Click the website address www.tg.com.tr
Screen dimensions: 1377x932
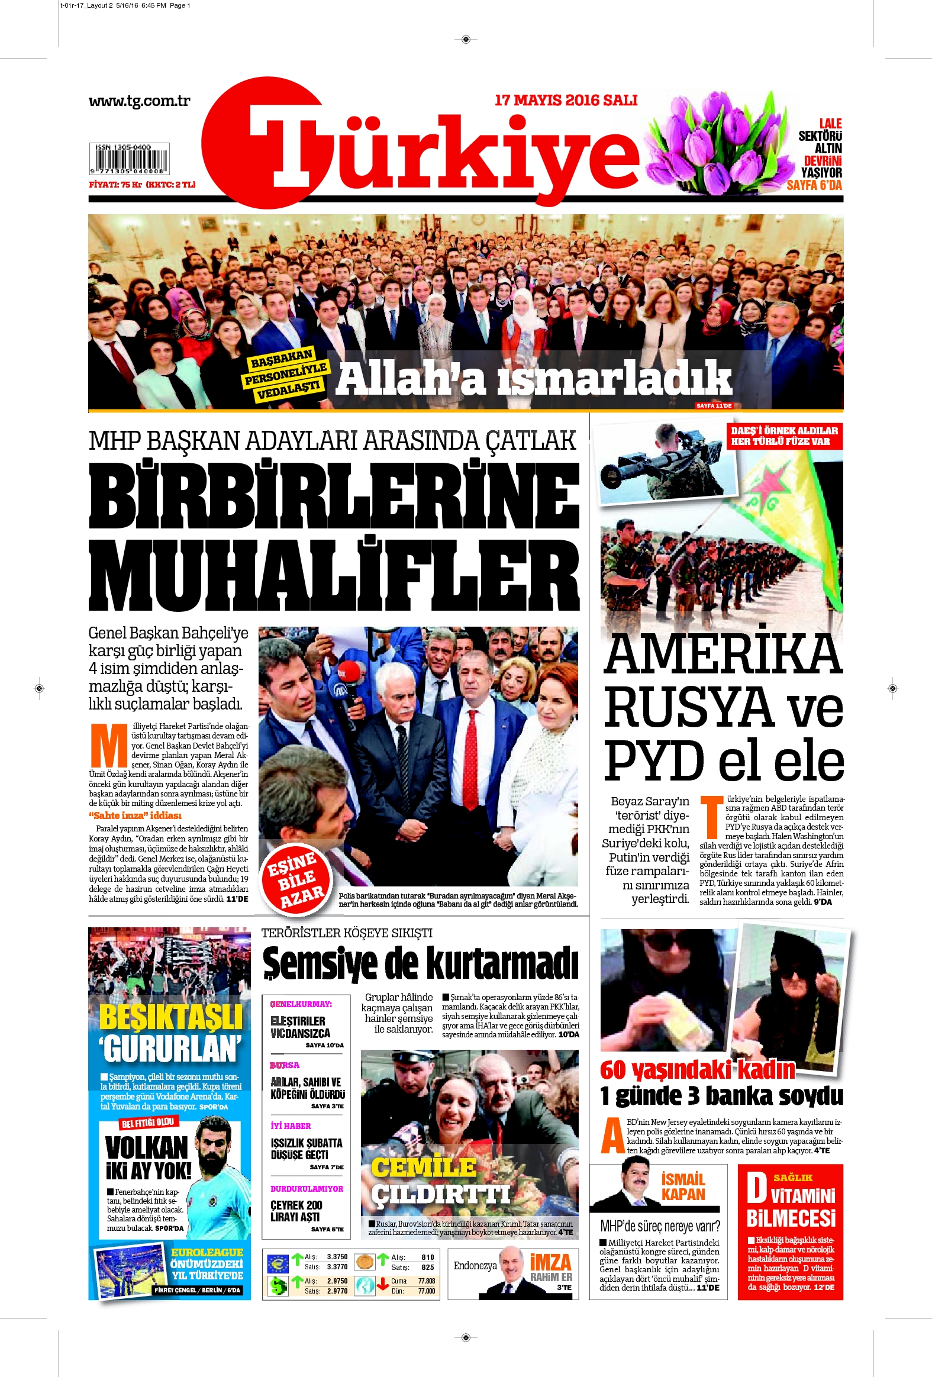(139, 101)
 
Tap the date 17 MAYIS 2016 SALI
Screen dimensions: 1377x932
(566, 100)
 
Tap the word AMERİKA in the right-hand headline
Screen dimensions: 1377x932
(723, 654)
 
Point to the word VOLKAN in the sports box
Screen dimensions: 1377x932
(146, 1148)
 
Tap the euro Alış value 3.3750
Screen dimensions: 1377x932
(337, 1257)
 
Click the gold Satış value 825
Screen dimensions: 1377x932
(428, 1268)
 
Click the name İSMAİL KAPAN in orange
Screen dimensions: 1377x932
(683, 1187)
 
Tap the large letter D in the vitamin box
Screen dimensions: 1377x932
(756, 1188)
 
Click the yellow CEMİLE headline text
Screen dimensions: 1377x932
(424, 1168)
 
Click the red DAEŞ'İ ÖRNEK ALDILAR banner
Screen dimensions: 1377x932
(784, 436)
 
